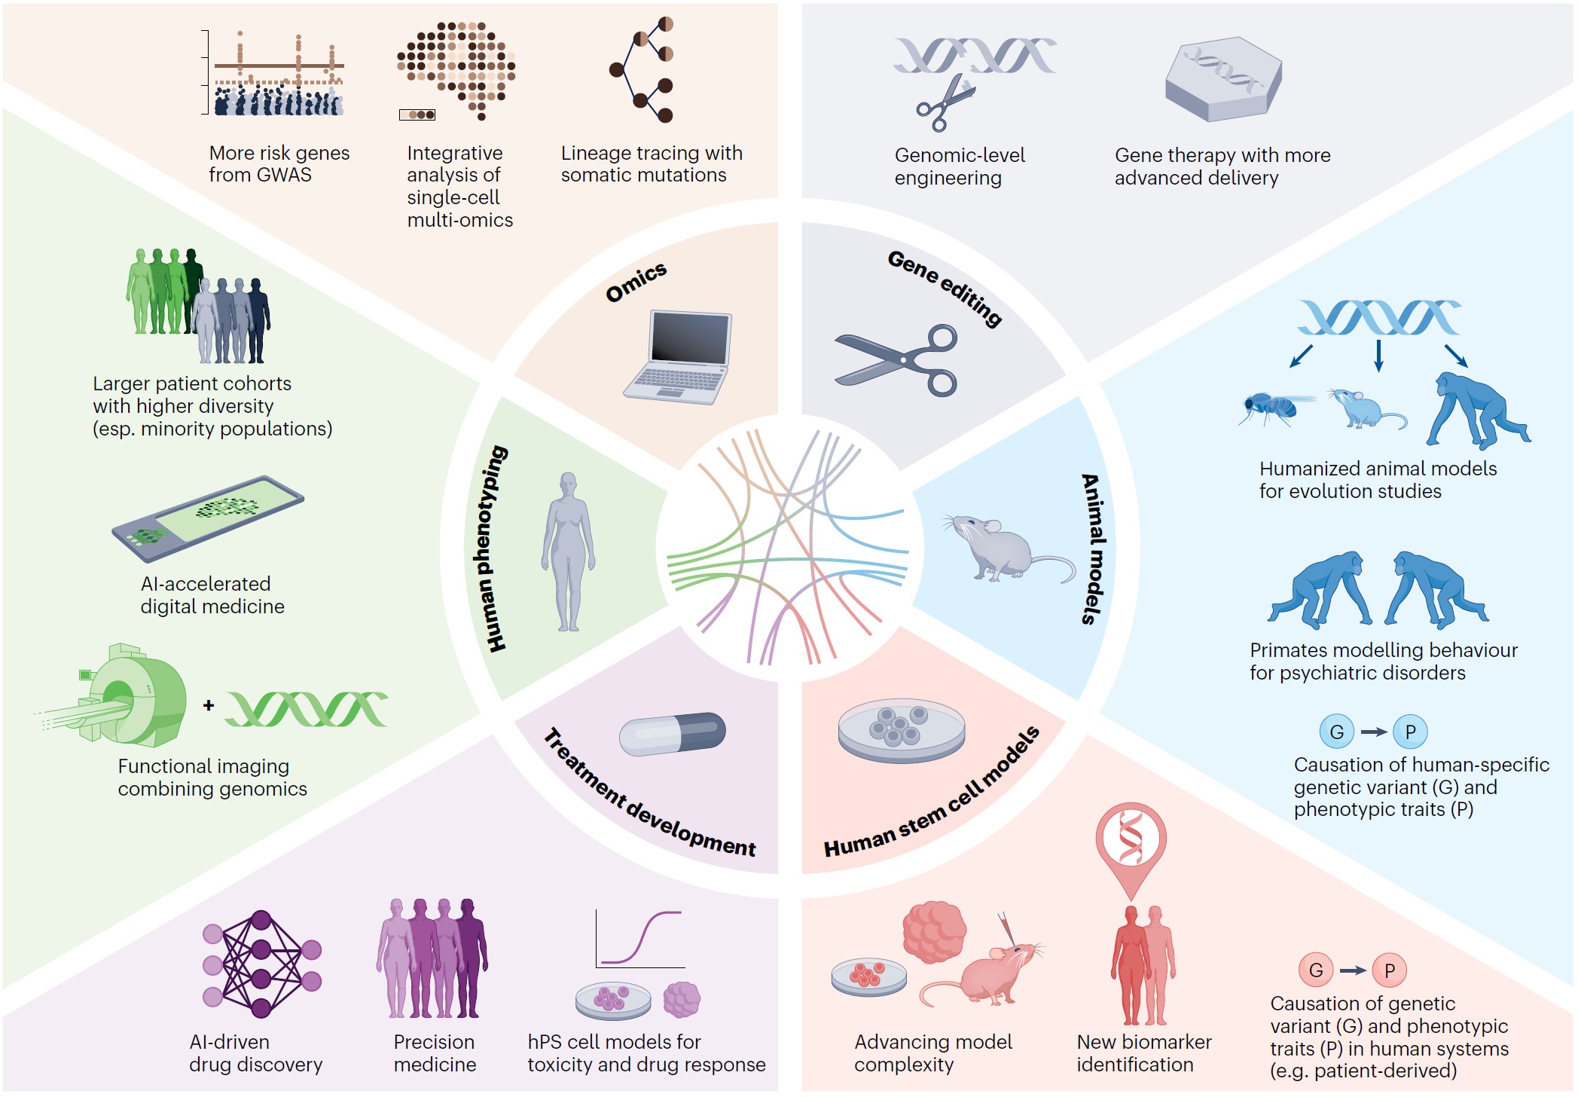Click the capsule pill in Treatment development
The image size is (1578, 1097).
tap(672, 734)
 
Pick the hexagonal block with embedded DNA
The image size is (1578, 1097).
tap(1222, 79)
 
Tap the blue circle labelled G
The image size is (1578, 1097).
tap(1337, 732)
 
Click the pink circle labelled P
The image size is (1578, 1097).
tap(1390, 970)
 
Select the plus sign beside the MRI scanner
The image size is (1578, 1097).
tap(209, 705)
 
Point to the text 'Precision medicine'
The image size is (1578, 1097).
tap(435, 1053)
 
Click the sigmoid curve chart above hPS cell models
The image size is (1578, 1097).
tap(640, 939)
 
